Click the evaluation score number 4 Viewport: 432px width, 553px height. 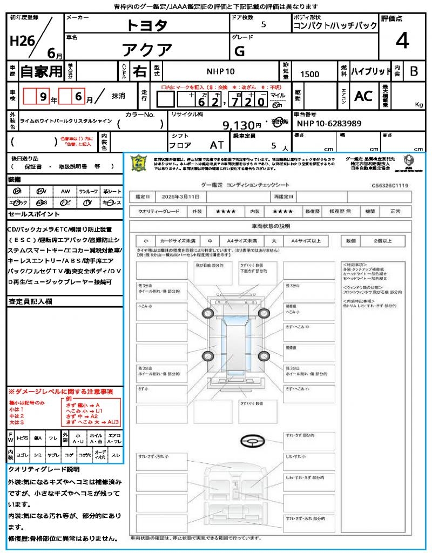tap(401, 41)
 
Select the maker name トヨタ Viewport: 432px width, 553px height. tap(147, 25)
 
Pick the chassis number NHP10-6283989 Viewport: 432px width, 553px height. tap(329, 124)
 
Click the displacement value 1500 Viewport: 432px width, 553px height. tap(309, 75)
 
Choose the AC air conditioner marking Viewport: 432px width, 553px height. tap(363, 96)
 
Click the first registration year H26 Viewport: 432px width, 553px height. tap(21, 41)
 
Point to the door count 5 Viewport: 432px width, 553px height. tap(264, 24)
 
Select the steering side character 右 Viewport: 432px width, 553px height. tap(140, 71)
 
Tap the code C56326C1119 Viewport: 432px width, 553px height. tap(389, 185)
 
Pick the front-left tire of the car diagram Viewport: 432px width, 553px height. tap(208, 314)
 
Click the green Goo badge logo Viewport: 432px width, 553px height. tap(139, 163)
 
